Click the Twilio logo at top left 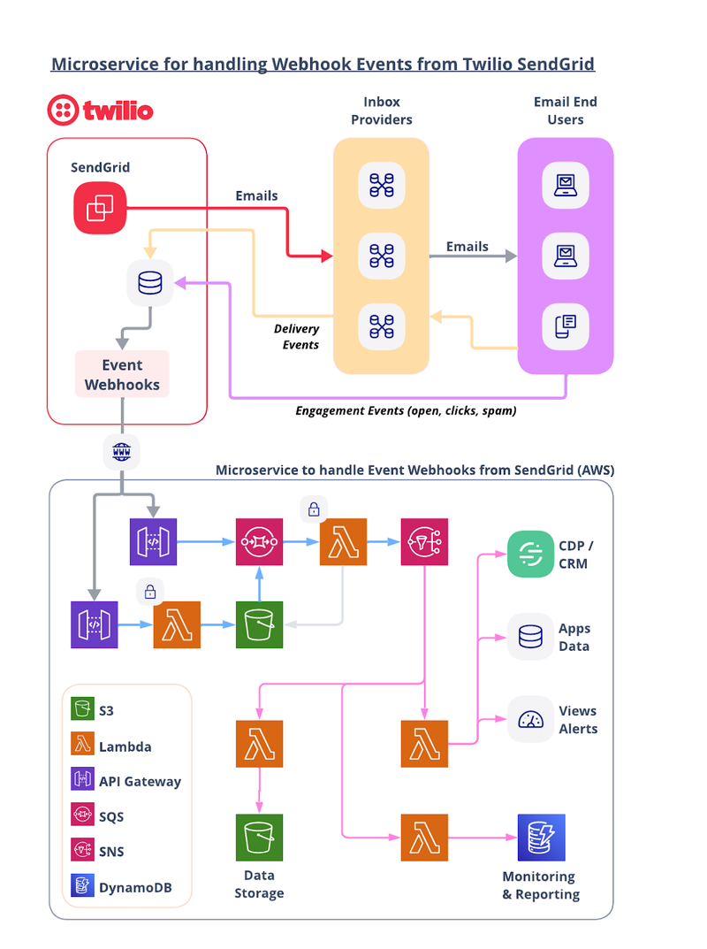pos(101,111)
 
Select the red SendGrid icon pos(100,208)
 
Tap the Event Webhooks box pos(122,374)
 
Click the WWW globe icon pos(122,451)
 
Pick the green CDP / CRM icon pos(530,554)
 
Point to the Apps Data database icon pos(530,637)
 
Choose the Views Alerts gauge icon pos(530,720)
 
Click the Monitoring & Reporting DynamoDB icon pos(541,838)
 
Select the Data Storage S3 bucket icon pos(260,838)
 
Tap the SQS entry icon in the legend pos(82,815)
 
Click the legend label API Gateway pos(140,781)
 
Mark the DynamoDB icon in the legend pos(82,885)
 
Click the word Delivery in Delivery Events pos(296,329)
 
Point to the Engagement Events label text pos(406,411)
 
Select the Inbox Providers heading pos(382,111)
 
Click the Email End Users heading pos(566,111)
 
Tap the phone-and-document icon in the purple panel pos(566,327)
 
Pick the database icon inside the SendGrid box pos(150,283)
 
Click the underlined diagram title pos(323,65)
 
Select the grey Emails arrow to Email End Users pos(473,256)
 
